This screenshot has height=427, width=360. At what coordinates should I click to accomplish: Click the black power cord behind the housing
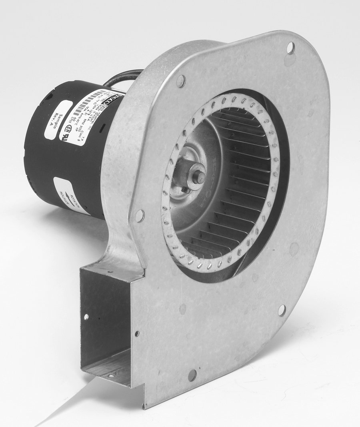click(120, 77)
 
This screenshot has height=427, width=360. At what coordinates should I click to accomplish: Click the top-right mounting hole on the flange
click(290, 48)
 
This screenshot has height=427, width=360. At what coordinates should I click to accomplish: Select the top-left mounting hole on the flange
click(181, 81)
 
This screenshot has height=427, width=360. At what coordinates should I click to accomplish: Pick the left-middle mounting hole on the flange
click(140, 216)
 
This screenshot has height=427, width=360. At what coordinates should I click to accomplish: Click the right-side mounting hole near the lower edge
click(282, 310)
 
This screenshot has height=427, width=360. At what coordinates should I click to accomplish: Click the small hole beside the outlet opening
click(137, 333)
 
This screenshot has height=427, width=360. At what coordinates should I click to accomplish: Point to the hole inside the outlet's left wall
click(86, 317)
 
